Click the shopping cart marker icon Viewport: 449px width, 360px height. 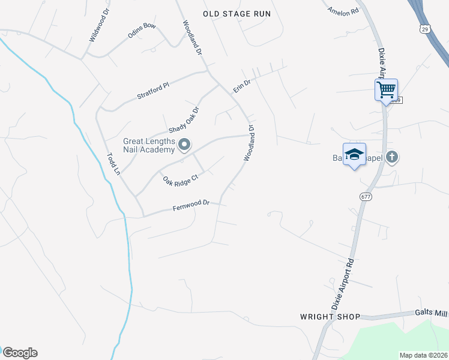point(386,90)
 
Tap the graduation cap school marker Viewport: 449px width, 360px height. point(354,154)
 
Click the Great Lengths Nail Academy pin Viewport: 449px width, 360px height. point(185,145)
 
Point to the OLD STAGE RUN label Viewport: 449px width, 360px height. point(237,14)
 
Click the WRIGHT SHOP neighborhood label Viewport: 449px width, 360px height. point(331,316)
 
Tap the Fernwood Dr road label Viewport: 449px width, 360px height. point(191,205)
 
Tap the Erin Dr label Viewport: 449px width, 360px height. point(241,86)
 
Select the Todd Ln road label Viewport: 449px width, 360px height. point(113,164)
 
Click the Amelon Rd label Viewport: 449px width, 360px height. point(343,10)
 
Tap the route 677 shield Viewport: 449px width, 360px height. point(366,197)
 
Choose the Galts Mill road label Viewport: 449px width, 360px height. point(431,313)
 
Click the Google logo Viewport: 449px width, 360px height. point(19,353)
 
